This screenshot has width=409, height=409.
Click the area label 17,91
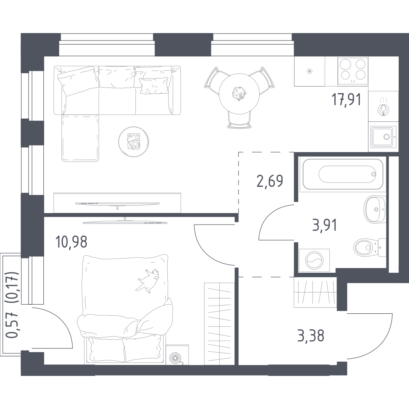346,100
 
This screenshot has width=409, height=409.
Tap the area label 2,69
270,181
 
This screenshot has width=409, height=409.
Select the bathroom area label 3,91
324,225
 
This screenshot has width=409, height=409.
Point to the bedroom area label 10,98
71,242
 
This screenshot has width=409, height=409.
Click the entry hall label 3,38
311,336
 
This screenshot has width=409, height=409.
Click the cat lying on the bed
148,280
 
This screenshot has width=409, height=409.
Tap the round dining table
239,93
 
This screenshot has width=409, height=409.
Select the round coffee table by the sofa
134,142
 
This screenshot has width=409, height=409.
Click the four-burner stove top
353,71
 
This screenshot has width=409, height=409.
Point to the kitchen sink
383,137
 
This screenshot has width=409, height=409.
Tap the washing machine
314,260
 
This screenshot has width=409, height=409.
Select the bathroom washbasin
375,209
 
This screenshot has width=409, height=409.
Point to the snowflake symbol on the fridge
310,71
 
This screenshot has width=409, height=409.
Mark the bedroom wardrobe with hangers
220,324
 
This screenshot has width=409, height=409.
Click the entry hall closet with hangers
315,292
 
